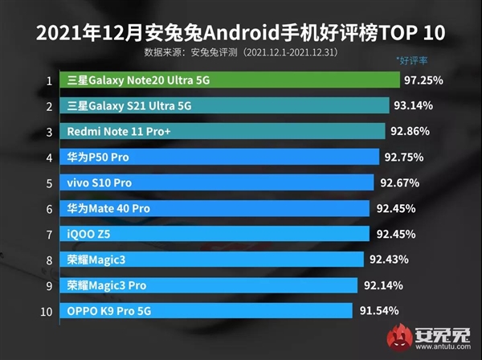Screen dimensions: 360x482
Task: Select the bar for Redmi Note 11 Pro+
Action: (225, 132)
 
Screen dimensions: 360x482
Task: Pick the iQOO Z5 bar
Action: (216, 234)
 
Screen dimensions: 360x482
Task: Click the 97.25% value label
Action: (426, 80)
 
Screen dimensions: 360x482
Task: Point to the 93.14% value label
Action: (415, 106)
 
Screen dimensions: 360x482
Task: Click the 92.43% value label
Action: (390, 260)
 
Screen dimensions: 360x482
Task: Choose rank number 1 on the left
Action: (49, 80)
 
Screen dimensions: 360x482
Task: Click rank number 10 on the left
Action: (47, 311)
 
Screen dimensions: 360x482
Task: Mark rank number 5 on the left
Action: (49, 183)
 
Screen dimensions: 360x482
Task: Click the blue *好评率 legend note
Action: (412, 61)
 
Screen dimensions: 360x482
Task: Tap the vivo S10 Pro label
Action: (100, 183)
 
